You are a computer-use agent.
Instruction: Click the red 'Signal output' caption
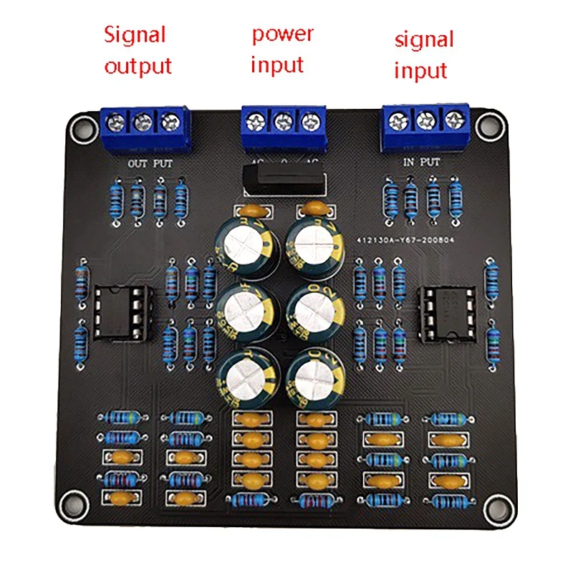pos(138,50)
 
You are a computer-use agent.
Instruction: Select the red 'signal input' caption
pos(424,54)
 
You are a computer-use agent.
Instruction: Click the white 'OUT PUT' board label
pos(150,163)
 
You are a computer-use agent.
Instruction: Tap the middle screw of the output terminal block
pos(143,122)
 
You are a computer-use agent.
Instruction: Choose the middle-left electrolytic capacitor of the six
pos(244,310)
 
